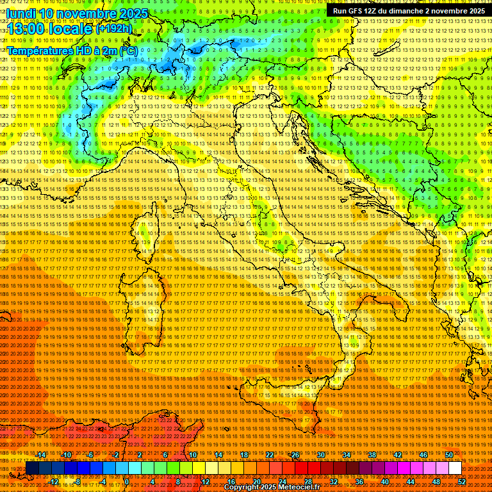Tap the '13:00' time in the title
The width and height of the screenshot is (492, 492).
click(x=24, y=29)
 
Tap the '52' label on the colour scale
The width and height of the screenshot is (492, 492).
click(x=462, y=482)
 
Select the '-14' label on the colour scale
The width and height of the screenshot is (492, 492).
click(x=41, y=455)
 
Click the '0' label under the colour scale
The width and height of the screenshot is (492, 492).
click(x=127, y=482)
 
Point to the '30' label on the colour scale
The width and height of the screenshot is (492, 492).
click(x=320, y=455)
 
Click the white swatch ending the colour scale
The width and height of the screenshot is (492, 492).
click(x=455, y=468)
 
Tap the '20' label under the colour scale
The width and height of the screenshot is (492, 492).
click(x=256, y=482)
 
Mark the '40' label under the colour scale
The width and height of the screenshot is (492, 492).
click(x=385, y=482)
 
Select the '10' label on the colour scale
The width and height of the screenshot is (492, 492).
click(x=192, y=455)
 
